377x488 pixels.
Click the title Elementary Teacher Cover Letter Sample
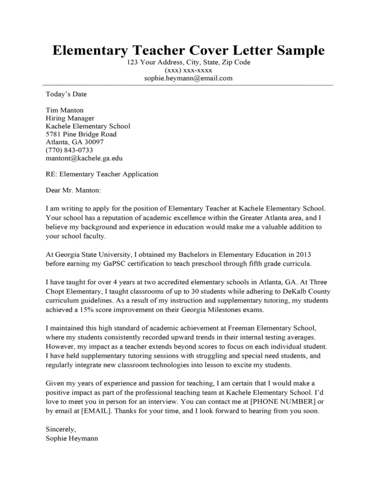[188, 51]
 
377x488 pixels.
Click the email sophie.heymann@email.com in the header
[188, 78]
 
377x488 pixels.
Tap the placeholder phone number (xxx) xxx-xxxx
[188, 70]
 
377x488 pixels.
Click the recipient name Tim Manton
[64, 110]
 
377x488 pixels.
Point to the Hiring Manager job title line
[70, 118]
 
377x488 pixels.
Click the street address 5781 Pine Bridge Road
[81, 134]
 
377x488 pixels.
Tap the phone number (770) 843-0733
[69, 150]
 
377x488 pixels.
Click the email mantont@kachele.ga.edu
[84, 158]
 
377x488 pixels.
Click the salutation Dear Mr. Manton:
[73, 190]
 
